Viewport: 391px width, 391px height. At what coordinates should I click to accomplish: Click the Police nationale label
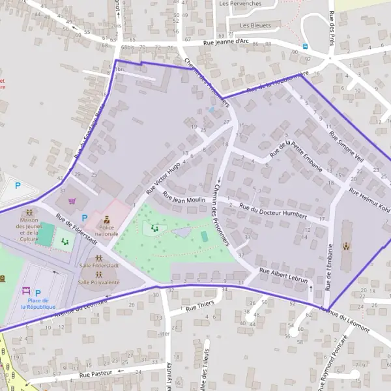click(106, 230)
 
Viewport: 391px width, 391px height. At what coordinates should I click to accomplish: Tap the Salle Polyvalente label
click(98, 282)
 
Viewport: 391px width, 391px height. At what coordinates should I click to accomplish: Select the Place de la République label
click(37, 303)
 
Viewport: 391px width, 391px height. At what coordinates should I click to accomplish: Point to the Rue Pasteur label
click(96, 374)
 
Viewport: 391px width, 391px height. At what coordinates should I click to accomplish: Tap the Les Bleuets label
click(255, 25)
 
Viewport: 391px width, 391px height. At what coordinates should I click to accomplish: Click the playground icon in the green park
click(154, 227)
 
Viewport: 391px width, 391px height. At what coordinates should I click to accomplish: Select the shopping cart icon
click(72, 200)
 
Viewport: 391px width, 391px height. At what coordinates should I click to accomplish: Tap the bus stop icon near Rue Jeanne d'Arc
click(305, 46)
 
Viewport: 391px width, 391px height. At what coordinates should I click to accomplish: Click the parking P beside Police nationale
click(83, 218)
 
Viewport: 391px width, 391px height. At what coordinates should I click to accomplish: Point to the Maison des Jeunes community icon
click(29, 212)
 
